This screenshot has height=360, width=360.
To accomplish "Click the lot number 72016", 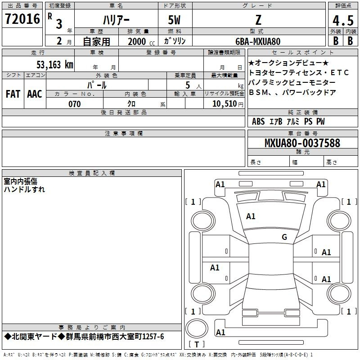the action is click(22, 19).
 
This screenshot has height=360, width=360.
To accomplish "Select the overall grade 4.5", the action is click(343, 20).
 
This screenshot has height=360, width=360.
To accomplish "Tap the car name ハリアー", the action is click(116, 20).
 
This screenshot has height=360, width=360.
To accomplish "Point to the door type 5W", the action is click(174, 20).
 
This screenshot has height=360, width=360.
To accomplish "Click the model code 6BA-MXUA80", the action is click(258, 41).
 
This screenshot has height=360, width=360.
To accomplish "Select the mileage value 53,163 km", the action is click(55, 65).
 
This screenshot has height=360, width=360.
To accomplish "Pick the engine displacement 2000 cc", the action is click(141, 42).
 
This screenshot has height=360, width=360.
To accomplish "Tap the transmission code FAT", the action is click(13, 94).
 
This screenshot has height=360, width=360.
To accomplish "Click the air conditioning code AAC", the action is click(35, 94).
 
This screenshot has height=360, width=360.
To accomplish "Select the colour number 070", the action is click(75, 104).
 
